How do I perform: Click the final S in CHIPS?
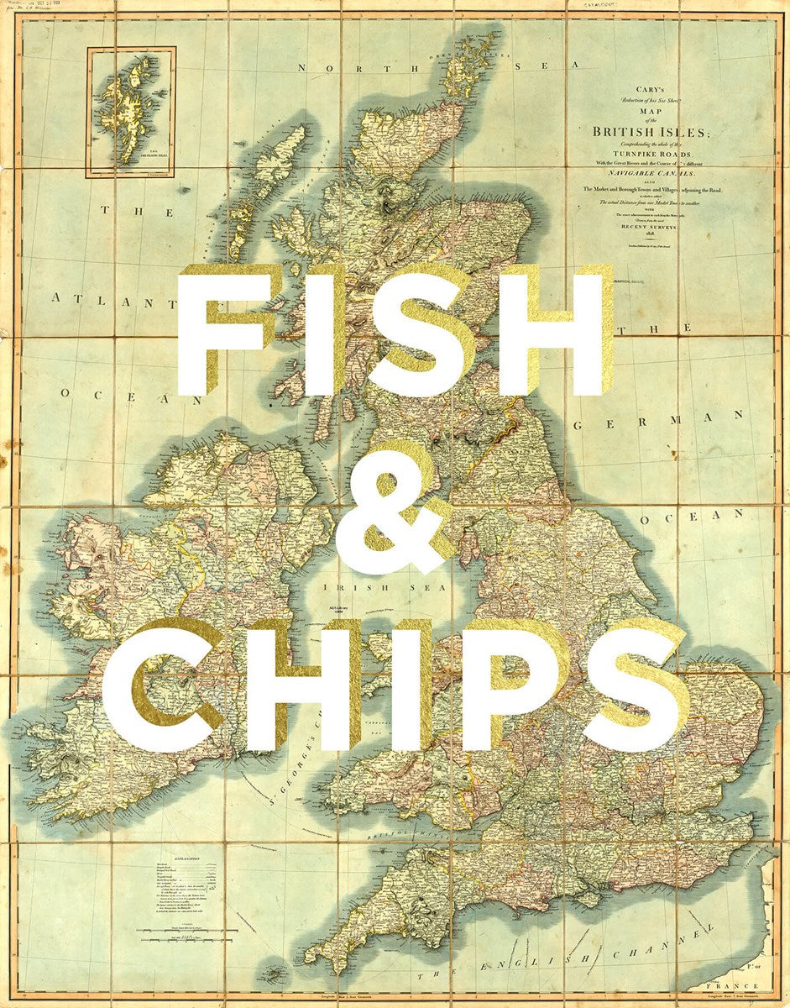pos(634,684)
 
